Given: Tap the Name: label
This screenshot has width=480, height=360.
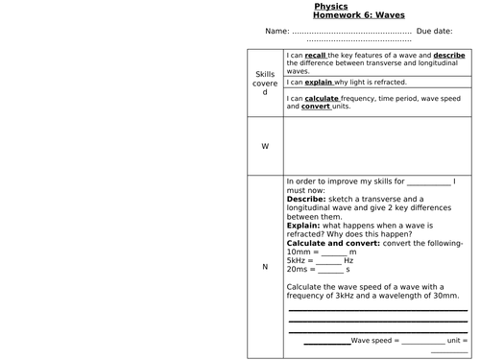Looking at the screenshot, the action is click(x=276, y=31).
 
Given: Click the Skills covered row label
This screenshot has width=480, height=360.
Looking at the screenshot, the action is click(x=265, y=84).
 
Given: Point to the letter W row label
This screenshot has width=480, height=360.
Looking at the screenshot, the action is click(x=265, y=146).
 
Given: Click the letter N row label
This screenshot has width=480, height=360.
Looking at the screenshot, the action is click(x=265, y=267).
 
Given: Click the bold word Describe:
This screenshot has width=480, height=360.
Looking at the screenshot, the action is click(x=309, y=199).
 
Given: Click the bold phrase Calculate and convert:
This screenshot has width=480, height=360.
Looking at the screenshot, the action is click(x=333, y=242).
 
